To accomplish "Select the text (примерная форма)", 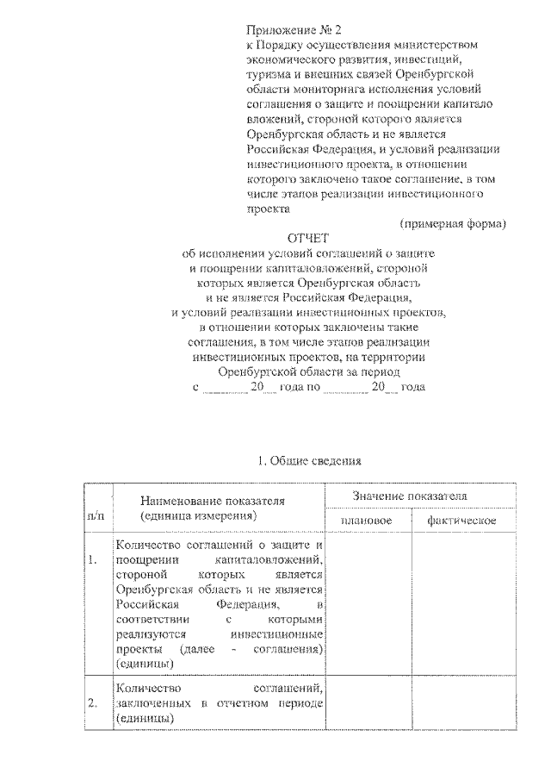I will (453, 222).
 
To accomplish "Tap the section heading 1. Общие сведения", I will (308, 461).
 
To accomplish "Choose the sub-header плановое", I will (367, 521).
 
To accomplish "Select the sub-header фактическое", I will (454, 521).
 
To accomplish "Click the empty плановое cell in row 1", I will (368, 603).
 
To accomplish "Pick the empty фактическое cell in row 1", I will (454, 603).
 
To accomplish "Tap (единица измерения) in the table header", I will (199, 515).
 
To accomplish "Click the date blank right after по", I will (346, 388).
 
